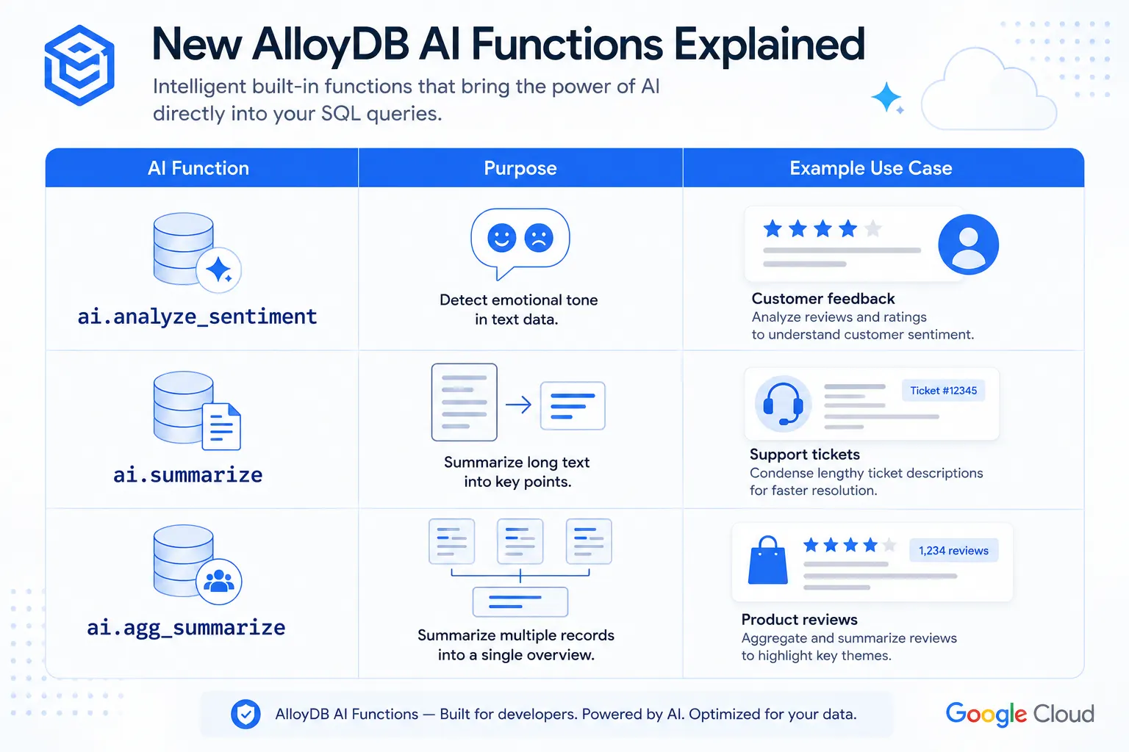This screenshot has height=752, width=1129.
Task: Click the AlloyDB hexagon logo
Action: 79,65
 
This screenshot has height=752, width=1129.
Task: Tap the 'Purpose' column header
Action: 520,168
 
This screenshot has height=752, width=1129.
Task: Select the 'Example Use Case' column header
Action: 870,168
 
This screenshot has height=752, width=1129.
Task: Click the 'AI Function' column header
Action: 198,168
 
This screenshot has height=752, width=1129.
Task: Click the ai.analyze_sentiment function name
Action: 197,317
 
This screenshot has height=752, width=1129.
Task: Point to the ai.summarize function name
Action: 187,475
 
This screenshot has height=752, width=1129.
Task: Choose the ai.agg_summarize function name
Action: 186,628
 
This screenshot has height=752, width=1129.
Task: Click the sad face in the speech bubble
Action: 539,238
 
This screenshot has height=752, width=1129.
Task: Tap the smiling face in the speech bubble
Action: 501,238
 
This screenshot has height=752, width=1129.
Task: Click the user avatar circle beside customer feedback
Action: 968,245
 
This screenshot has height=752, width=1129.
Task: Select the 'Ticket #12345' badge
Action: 943,391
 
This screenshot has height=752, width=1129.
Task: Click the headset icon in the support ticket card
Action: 783,404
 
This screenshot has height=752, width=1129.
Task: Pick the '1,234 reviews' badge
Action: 953,551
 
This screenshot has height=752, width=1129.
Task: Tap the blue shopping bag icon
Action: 767,560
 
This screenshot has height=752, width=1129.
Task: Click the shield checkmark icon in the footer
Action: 245,714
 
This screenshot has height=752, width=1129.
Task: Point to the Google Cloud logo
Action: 1019,715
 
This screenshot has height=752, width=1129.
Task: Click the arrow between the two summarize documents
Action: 519,405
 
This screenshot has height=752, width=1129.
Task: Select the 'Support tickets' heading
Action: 804,455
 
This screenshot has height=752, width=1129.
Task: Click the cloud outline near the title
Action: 989,89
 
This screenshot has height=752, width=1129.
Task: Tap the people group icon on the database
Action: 219,582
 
